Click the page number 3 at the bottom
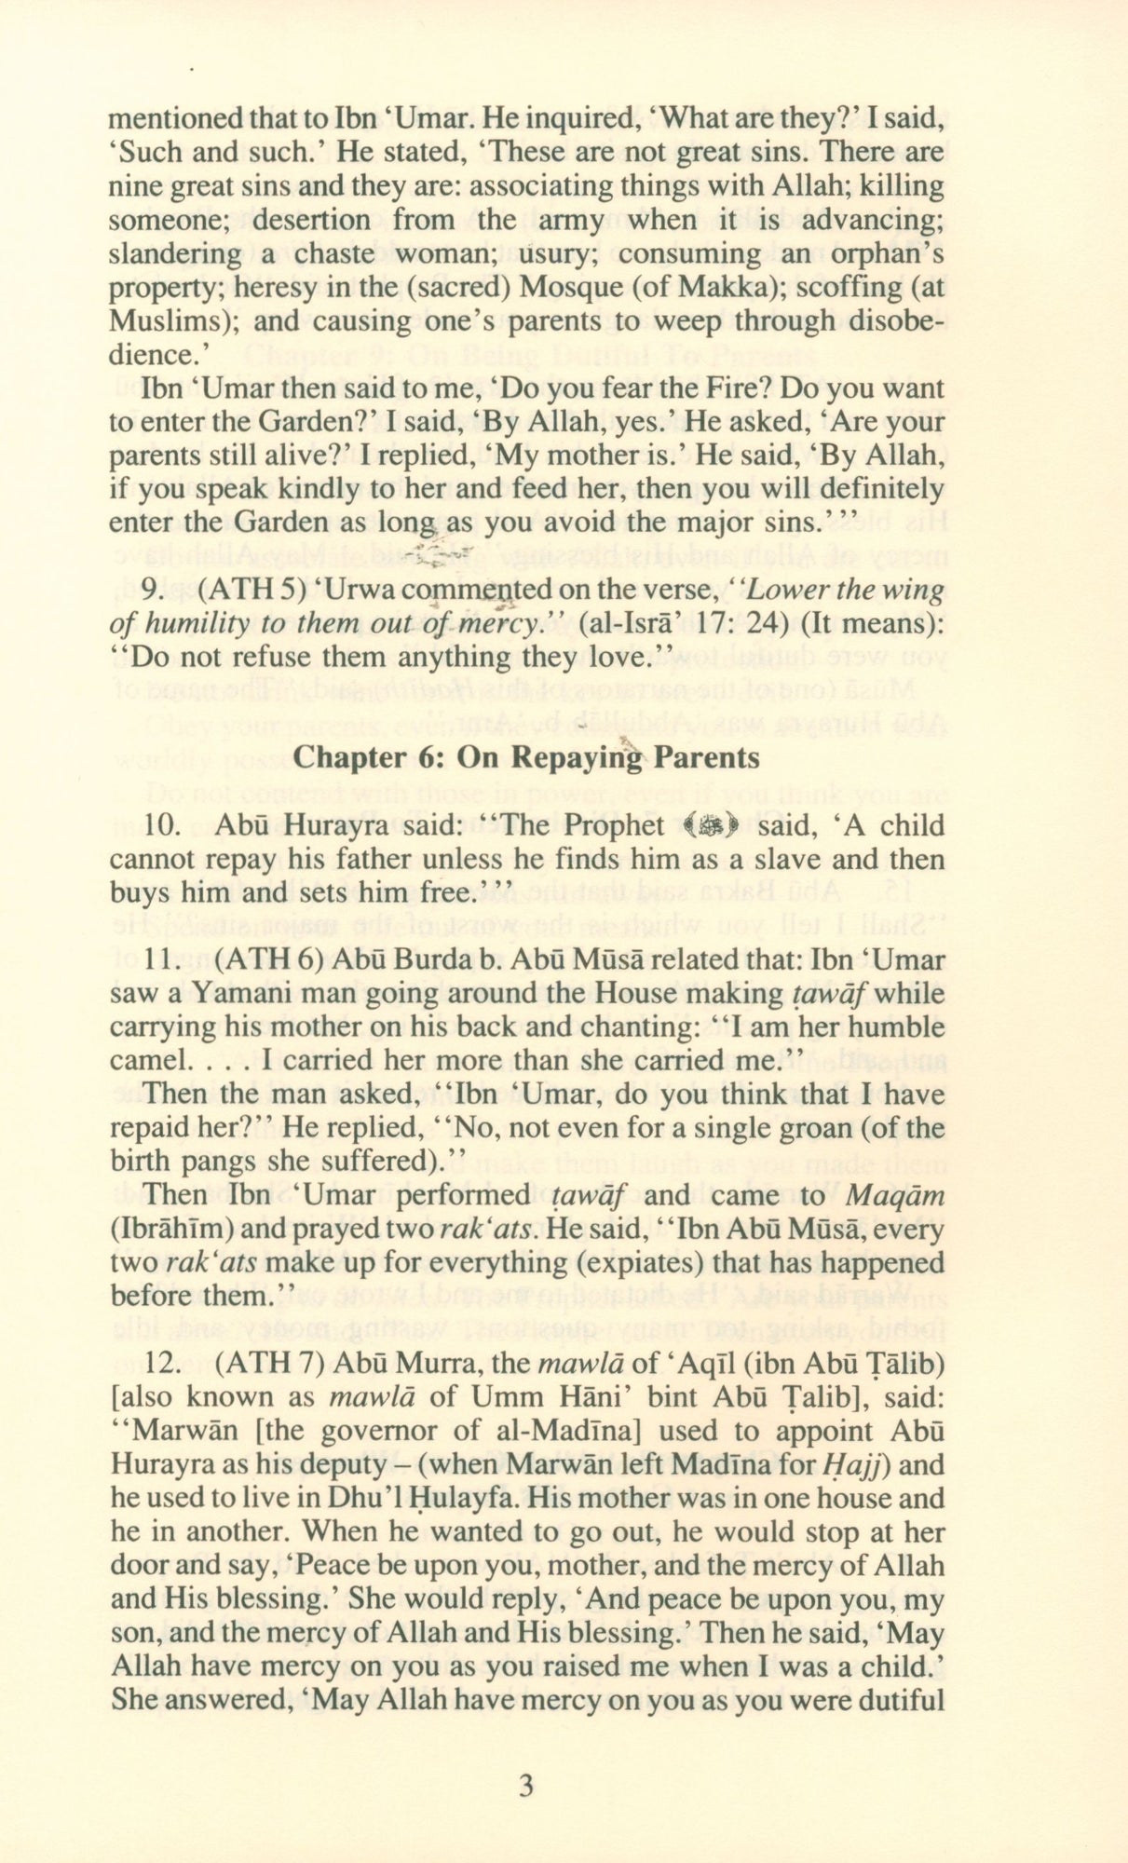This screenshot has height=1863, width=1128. click(x=526, y=1787)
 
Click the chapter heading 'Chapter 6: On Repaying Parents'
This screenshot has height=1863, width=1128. click(x=526, y=757)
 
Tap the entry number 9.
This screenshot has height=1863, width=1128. click(x=156, y=591)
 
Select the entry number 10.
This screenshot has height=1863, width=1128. click(x=162, y=825)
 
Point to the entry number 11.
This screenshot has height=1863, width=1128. click(x=162, y=959)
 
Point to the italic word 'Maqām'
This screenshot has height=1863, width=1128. click(x=897, y=1195)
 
